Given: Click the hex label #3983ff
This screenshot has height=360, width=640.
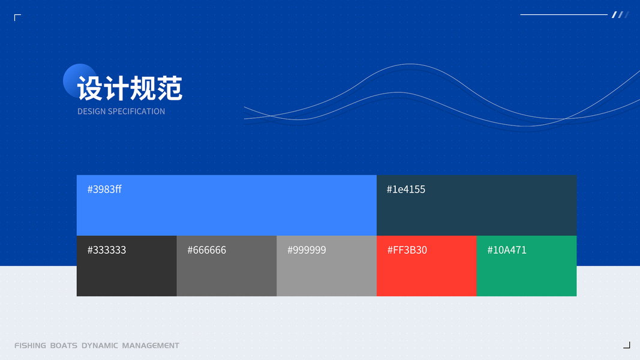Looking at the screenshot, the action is pyautogui.click(x=104, y=190).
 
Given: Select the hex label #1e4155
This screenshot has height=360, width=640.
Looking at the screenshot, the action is pyautogui.click(x=405, y=190).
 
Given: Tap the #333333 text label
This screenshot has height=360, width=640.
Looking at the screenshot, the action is pyautogui.click(x=107, y=250).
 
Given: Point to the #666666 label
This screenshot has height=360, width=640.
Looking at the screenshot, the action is pyautogui.click(x=206, y=250).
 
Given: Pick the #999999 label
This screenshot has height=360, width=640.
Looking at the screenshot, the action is pyautogui.click(x=307, y=250).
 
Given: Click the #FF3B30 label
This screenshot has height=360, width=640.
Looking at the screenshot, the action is pyautogui.click(x=407, y=250).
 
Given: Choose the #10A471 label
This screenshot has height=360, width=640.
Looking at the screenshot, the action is pyautogui.click(x=507, y=250).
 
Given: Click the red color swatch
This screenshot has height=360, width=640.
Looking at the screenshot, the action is pyautogui.click(x=426, y=266).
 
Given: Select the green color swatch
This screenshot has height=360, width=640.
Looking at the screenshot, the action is pyautogui.click(x=527, y=266).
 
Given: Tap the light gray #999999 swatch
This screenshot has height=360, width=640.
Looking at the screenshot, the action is pyautogui.click(x=326, y=266).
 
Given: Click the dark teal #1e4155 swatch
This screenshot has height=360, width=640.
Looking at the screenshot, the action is pyautogui.click(x=477, y=205).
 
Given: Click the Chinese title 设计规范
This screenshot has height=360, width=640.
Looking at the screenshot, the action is pyautogui.click(x=130, y=88).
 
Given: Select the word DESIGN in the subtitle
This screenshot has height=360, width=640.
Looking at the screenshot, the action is pyautogui.click(x=91, y=112).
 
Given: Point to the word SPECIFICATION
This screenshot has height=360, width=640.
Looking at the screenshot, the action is pyautogui.click(x=136, y=112).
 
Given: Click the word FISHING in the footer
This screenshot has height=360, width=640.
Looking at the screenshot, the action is pyautogui.click(x=30, y=346).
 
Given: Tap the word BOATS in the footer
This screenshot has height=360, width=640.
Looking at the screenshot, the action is pyautogui.click(x=64, y=346).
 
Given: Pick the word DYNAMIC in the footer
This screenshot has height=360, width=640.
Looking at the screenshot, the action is pyautogui.click(x=100, y=346).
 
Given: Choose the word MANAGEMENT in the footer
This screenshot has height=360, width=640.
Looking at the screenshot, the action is pyautogui.click(x=151, y=346).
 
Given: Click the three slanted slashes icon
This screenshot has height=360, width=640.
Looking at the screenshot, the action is pyautogui.click(x=620, y=14).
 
